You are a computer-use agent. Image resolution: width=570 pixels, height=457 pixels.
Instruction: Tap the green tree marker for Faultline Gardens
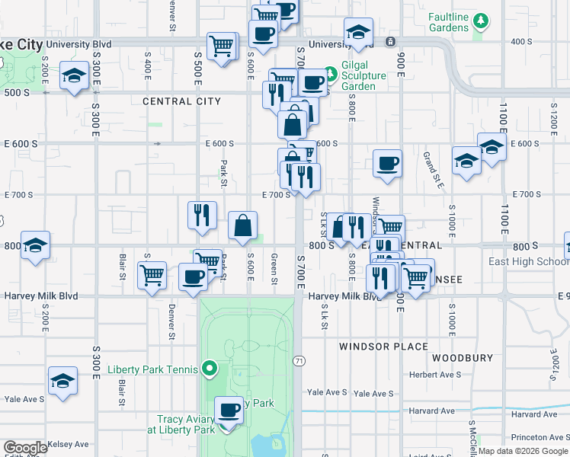click(480, 20)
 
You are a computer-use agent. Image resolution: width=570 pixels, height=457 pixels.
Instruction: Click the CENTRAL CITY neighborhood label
click(181, 101)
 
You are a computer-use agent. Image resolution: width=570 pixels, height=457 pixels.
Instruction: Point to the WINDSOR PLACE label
click(383, 347)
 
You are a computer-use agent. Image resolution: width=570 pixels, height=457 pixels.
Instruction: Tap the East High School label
click(529, 262)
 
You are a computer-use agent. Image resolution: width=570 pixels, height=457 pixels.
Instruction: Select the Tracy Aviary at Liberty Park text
click(186, 424)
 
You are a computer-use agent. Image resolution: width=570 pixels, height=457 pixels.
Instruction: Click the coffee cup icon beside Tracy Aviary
click(229, 411)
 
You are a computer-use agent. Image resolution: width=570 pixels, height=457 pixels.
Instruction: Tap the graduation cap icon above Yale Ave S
click(62, 380)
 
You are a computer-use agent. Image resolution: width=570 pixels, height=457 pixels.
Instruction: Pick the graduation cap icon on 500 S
click(75, 76)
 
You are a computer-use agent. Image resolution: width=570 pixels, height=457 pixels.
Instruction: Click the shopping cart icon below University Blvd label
click(221, 46)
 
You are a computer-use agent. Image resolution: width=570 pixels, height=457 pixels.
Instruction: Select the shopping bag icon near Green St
click(242, 225)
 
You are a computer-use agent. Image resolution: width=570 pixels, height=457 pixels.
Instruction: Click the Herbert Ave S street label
click(434, 375)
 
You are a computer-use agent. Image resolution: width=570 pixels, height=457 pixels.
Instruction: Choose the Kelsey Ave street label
click(68, 444)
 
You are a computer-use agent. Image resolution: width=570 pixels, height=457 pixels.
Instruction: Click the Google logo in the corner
click(25, 447)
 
